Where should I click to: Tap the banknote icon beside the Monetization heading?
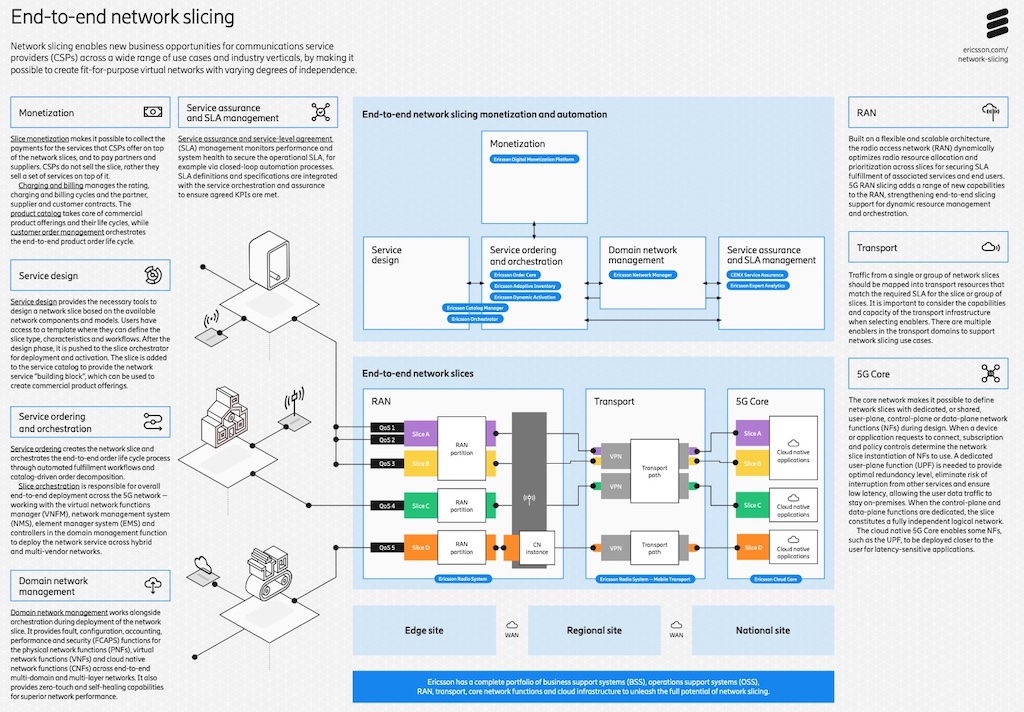(153, 112)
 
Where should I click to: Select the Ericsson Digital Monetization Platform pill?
(535, 159)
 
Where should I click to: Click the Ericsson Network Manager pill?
(642, 274)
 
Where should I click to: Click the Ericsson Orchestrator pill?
(474, 319)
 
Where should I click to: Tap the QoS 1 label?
(387, 428)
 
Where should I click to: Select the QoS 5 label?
(387, 547)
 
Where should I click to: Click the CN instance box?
(538, 547)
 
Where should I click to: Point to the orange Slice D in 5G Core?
(752, 547)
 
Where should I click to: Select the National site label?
(763, 630)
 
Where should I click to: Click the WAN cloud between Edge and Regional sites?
(511, 626)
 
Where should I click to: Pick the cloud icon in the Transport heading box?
(990, 246)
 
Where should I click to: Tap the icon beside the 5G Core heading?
(990, 373)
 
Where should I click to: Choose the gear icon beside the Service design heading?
(153, 274)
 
